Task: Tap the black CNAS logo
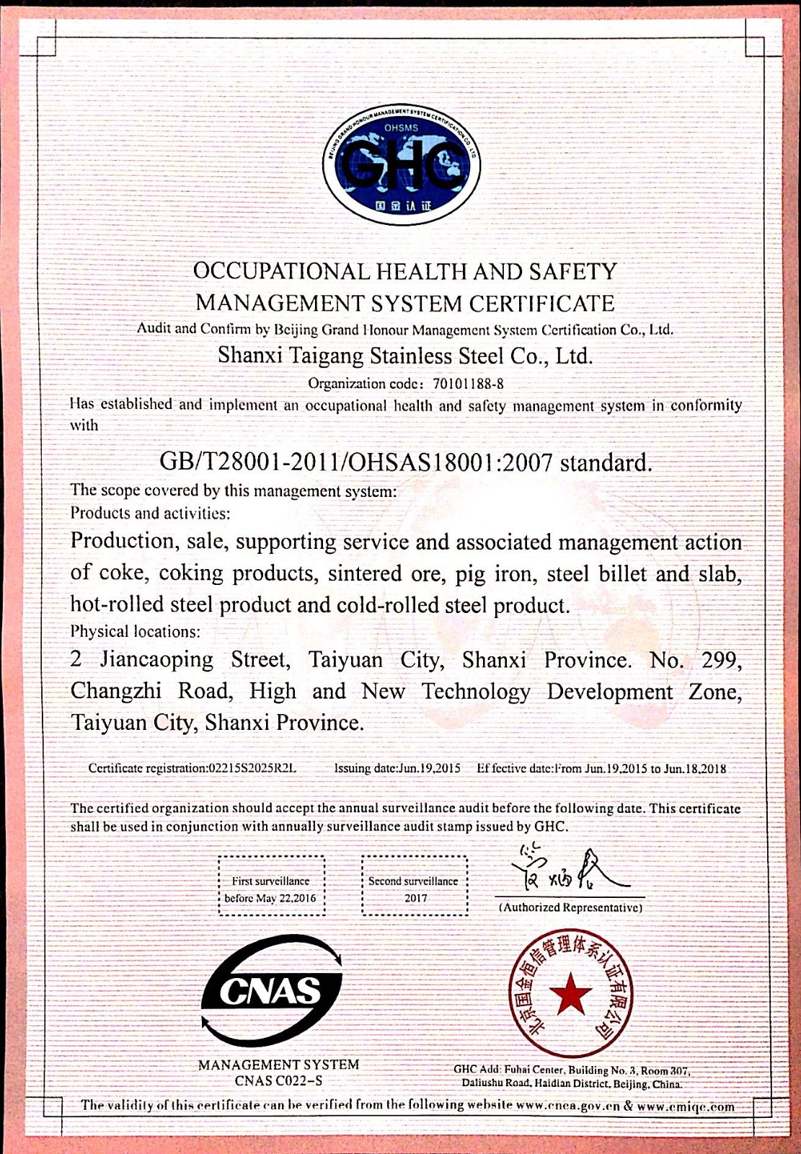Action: pos(272,990)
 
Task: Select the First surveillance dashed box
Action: pos(271,885)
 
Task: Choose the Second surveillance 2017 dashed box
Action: pos(414,885)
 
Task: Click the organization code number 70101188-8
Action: pos(468,383)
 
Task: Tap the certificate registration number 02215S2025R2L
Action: pos(252,768)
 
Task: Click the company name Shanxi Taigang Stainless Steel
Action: pos(405,356)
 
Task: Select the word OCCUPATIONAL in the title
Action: pos(281,272)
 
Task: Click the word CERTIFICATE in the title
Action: pos(541,303)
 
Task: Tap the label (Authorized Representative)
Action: pos(570,907)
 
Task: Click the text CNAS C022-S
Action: pos(278,1080)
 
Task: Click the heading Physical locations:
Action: pos(135,631)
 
